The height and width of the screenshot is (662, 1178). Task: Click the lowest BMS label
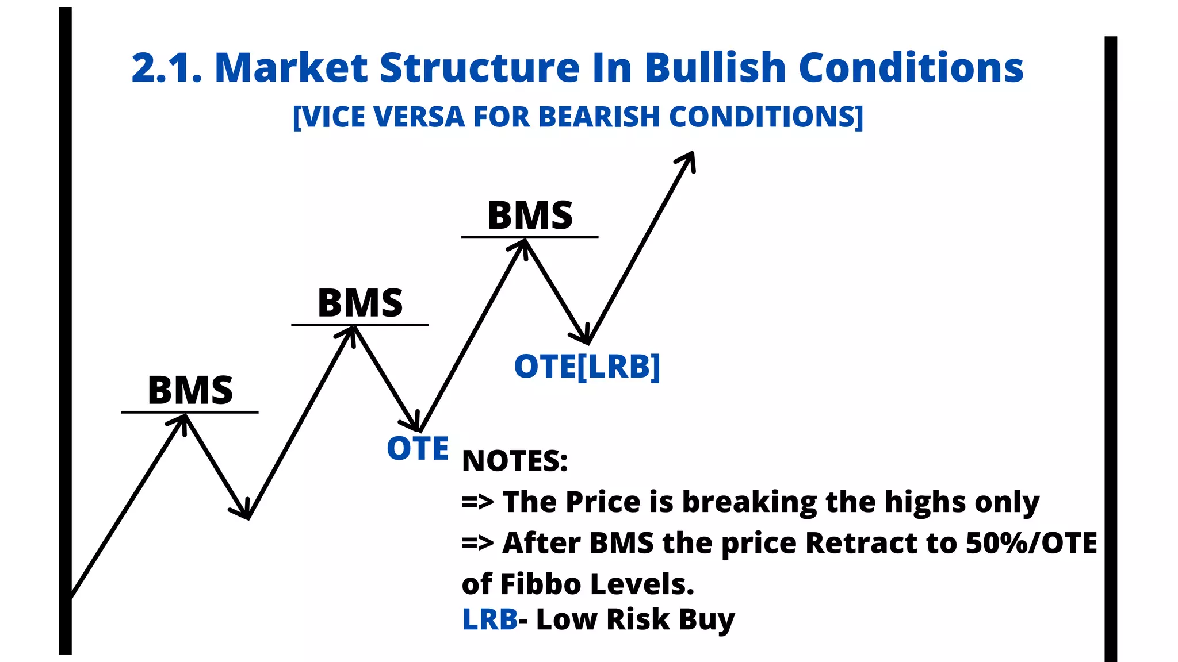[190, 390]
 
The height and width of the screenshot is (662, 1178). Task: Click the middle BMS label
[360, 303]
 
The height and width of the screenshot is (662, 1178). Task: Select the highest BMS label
[530, 215]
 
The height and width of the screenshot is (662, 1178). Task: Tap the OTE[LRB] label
[587, 367]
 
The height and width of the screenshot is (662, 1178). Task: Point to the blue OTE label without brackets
[418, 448]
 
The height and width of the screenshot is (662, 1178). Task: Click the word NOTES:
[514, 461]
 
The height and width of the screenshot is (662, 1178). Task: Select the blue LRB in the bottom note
[489, 619]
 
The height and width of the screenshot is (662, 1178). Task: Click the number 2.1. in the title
[167, 68]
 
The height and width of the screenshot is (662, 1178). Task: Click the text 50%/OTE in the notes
[1031, 543]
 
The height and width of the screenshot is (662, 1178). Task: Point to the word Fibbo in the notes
[541, 584]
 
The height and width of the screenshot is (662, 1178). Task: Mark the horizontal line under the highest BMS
[530, 237]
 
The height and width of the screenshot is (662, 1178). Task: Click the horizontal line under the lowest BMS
[190, 412]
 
